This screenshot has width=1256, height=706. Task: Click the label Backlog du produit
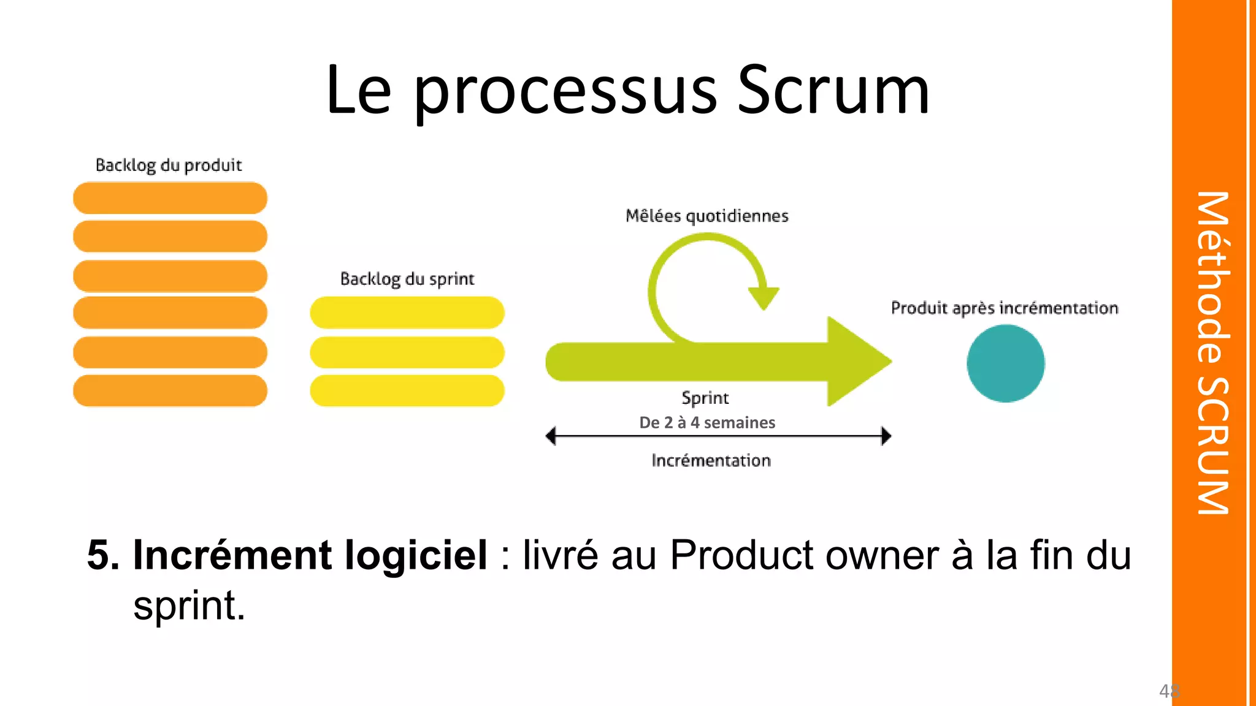pyautogui.click(x=169, y=165)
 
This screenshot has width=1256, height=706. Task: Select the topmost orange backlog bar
pyautogui.click(x=170, y=198)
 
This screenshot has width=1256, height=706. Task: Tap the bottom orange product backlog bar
pyautogui.click(x=170, y=391)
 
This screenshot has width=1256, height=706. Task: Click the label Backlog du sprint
pyautogui.click(x=407, y=279)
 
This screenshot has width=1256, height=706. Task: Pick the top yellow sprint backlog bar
pyautogui.click(x=407, y=313)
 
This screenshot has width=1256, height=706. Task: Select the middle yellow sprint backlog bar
pyautogui.click(x=407, y=352)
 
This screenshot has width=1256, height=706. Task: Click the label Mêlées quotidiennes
pyautogui.click(x=706, y=216)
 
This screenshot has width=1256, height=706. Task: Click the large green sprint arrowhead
pyautogui.click(x=856, y=362)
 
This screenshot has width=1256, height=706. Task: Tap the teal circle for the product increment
pyautogui.click(x=1005, y=363)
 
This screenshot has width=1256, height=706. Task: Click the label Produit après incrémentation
pyautogui.click(x=1005, y=308)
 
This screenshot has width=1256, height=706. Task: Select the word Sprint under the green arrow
pyautogui.click(x=705, y=398)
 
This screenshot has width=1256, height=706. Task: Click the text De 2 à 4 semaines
pyautogui.click(x=707, y=423)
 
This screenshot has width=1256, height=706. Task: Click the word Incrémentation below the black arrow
pyautogui.click(x=711, y=461)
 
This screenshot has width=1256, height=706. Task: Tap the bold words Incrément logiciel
pyautogui.click(x=310, y=555)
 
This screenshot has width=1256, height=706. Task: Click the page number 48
pyautogui.click(x=1169, y=691)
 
